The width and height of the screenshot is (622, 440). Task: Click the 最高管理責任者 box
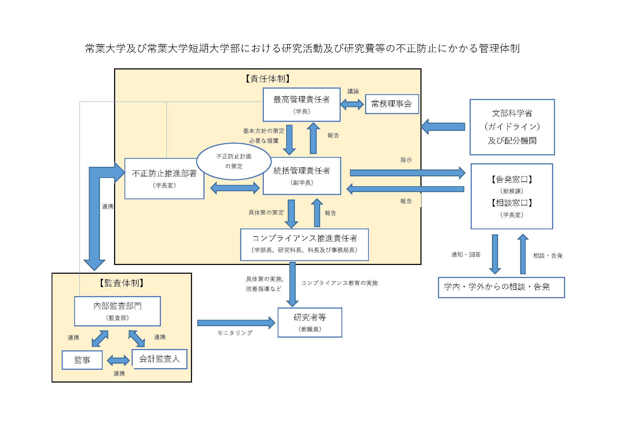coord(301,104)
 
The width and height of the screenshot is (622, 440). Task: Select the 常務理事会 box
coord(391,104)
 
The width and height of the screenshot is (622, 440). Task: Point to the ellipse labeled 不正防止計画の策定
coord(233,161)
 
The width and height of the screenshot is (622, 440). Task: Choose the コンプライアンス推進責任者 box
coord(304,244)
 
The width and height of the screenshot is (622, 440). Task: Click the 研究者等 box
coord(310,322)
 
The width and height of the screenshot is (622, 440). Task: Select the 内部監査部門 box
coord(117,311)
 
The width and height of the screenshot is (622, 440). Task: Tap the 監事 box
coord(82,360)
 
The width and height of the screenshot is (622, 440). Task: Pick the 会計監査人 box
coord(160,359)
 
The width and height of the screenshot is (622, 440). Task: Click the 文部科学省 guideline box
coord(512,127)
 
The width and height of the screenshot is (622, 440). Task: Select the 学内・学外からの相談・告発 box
coord(501,287)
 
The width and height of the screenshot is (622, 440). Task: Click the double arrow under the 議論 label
coord(352,104)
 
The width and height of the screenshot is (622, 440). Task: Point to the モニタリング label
coord(235,333)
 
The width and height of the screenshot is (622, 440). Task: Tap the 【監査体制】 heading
coord(121,283)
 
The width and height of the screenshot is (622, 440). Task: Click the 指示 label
coord(406,160)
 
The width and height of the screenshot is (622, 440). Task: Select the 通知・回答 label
coord(466,254)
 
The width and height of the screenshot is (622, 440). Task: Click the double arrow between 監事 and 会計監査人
coord(118,360)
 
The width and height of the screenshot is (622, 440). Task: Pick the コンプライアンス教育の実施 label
coord(339,283)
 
